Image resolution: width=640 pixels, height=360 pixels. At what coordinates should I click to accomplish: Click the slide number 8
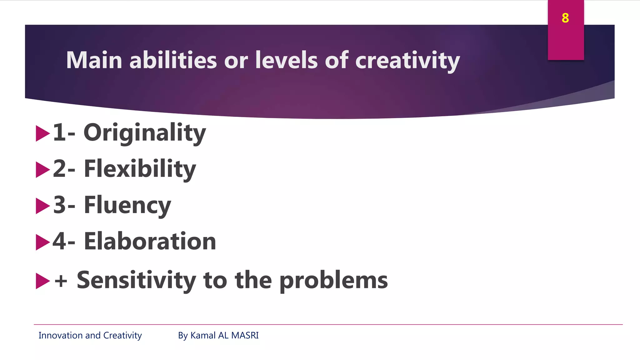(x=565, y=18)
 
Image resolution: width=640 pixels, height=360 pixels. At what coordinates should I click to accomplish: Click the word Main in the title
(x=94, y=60)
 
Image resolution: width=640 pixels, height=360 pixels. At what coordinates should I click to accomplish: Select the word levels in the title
(x=286, y=60)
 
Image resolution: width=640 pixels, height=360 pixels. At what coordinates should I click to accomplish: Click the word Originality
(x=144, y=133)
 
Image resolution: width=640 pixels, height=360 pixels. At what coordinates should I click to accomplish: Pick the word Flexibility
(x=140, y=169)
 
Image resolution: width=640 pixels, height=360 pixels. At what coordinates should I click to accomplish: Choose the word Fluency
(x=127, y=205)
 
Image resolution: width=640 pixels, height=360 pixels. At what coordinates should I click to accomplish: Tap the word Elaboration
(x=150, y=242)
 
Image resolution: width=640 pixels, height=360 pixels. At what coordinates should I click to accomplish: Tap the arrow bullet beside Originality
(x=42, y=133)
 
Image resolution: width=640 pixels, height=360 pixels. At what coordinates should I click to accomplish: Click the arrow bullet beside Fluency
(x=42, y=206)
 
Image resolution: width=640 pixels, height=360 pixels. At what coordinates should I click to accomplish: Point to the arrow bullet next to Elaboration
(x=42, y=242)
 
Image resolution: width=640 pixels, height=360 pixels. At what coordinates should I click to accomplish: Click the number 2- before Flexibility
(x=64, y=169)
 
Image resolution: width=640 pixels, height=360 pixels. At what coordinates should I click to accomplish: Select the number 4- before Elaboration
(x=64, y=242)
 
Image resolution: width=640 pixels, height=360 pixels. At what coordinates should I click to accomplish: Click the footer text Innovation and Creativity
(x=90, y=335)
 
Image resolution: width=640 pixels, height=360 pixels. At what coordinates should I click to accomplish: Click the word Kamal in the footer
(x=203, y=335)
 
